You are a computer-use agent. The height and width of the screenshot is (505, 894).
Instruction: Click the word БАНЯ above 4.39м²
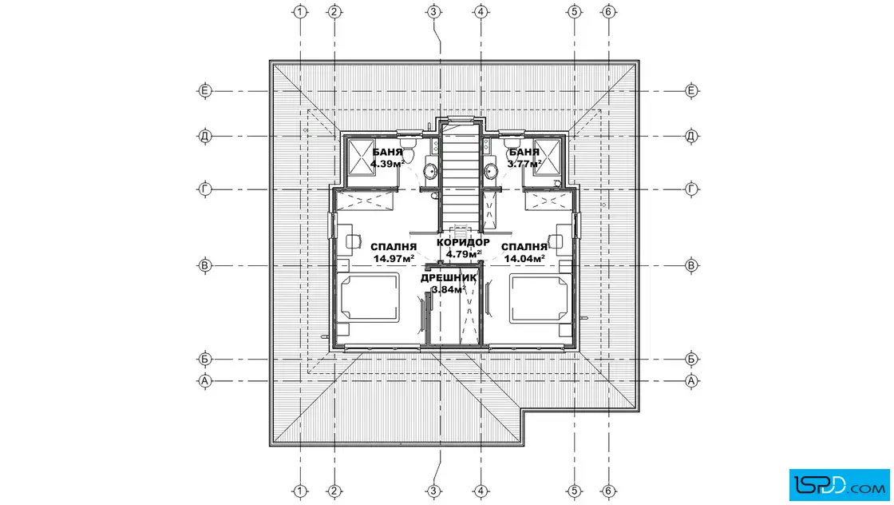click(387, 153)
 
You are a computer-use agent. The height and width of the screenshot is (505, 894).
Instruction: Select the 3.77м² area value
click(524, 164)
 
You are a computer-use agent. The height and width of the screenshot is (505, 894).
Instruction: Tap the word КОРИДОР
click(463, 243)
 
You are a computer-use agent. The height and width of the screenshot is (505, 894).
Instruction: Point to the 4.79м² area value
click(464, 254)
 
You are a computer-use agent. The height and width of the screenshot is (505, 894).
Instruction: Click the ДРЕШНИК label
click(449, 278)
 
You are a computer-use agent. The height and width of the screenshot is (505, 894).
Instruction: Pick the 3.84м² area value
click(449, 289)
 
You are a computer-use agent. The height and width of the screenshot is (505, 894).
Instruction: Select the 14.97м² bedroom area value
click(394, 258)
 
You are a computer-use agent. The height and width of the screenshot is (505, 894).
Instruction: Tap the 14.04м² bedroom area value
click(524, 258)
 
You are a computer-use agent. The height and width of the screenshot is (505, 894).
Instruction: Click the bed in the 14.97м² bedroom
click(370, 296)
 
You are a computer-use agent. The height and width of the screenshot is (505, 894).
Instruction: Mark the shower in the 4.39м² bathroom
click(360, 156)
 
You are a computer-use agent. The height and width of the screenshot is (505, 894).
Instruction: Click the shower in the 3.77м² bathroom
click(547, 156)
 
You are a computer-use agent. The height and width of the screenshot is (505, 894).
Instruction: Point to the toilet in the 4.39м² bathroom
click(409, 150)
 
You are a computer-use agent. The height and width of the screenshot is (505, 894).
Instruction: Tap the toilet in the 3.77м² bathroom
click(513, 146)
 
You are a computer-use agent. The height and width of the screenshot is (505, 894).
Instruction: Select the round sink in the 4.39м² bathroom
click(430, 171)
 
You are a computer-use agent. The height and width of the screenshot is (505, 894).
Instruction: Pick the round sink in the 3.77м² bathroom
click(490, 171)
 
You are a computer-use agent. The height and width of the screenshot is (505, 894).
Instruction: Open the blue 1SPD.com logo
click(839, 485)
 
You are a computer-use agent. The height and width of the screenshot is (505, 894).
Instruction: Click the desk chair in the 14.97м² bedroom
click(354, 241)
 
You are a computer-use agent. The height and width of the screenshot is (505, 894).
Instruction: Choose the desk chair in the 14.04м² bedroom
click(556, 241)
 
